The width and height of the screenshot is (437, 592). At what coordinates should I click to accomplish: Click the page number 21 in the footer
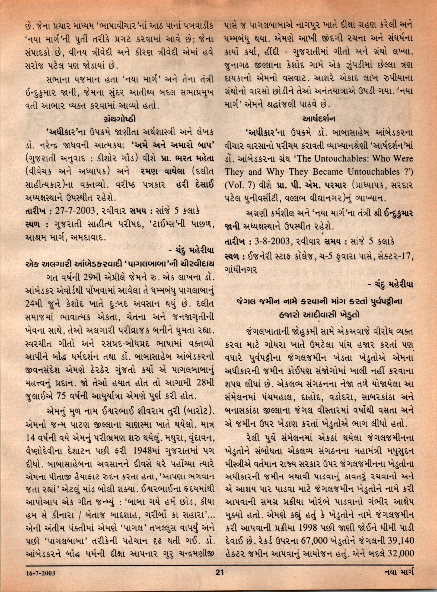219,580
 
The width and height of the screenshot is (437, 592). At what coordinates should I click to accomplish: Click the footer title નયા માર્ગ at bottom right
399,580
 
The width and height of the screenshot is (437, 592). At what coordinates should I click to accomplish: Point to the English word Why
276,172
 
